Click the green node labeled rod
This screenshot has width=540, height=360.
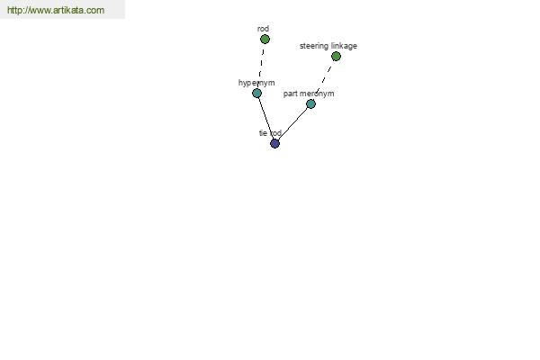[x=265, y=40]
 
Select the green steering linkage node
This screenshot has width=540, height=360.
[x=336, y=56]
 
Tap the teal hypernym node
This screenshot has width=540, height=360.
[x=256, y=93]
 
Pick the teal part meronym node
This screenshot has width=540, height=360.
[x=310, y=103]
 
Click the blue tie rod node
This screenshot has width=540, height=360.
[x=274, y=143]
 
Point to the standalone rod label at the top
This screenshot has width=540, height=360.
[x=263, y=29]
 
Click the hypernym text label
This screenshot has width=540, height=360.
[x=256, y=83]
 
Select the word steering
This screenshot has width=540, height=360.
[x=314, y=46]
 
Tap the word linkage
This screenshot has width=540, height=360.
[x=344, y=46]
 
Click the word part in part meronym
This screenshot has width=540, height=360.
[x=291, y=94]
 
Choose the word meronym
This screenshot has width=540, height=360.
[x=317, y=94]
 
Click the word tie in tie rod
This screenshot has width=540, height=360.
[x=263, y=133]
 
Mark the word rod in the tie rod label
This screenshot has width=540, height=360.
[x=275, y=133]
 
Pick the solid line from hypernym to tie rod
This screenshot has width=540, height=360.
[x=265, y=118]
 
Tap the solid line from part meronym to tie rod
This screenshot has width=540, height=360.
[x=292, y=123]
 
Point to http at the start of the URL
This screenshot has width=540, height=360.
[x=14, y=10]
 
